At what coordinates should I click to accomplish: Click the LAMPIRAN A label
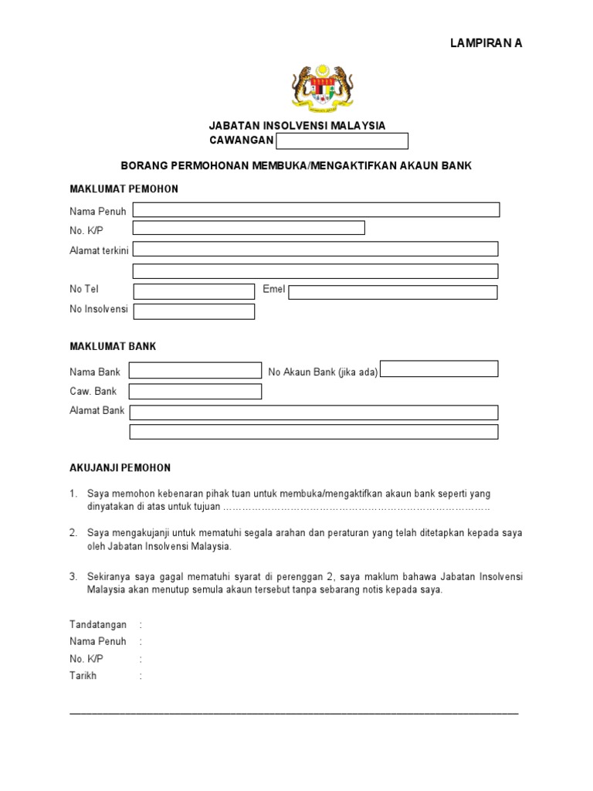click(x=486, y=43)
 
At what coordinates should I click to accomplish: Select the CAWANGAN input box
click(x=342, y=141)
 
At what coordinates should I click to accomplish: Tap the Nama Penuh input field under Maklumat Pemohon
click(x=316, y=210)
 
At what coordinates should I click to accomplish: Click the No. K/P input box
click(x=249, y=228)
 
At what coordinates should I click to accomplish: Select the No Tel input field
click(x=194, y=291)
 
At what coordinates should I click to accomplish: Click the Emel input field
click(x=393, y=292)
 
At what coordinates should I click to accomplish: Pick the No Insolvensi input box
click(x=194, y=311)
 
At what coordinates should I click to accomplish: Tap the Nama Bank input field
click(x=195, y=371)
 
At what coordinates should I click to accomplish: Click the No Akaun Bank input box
click(x=439, y=369)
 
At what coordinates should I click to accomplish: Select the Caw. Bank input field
click(x=195, y=392)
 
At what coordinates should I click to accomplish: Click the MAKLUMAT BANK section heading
click(x=113, y=347)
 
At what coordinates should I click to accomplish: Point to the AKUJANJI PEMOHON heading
click(x=120, y=468)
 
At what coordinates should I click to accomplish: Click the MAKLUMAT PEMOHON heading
click(x=124, y=189)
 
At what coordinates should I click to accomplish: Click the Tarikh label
click(x=83, y=675)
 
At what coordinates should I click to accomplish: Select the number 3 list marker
click(x=73, y=576)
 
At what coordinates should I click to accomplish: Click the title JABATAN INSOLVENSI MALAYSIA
click(x=297, y=126)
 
